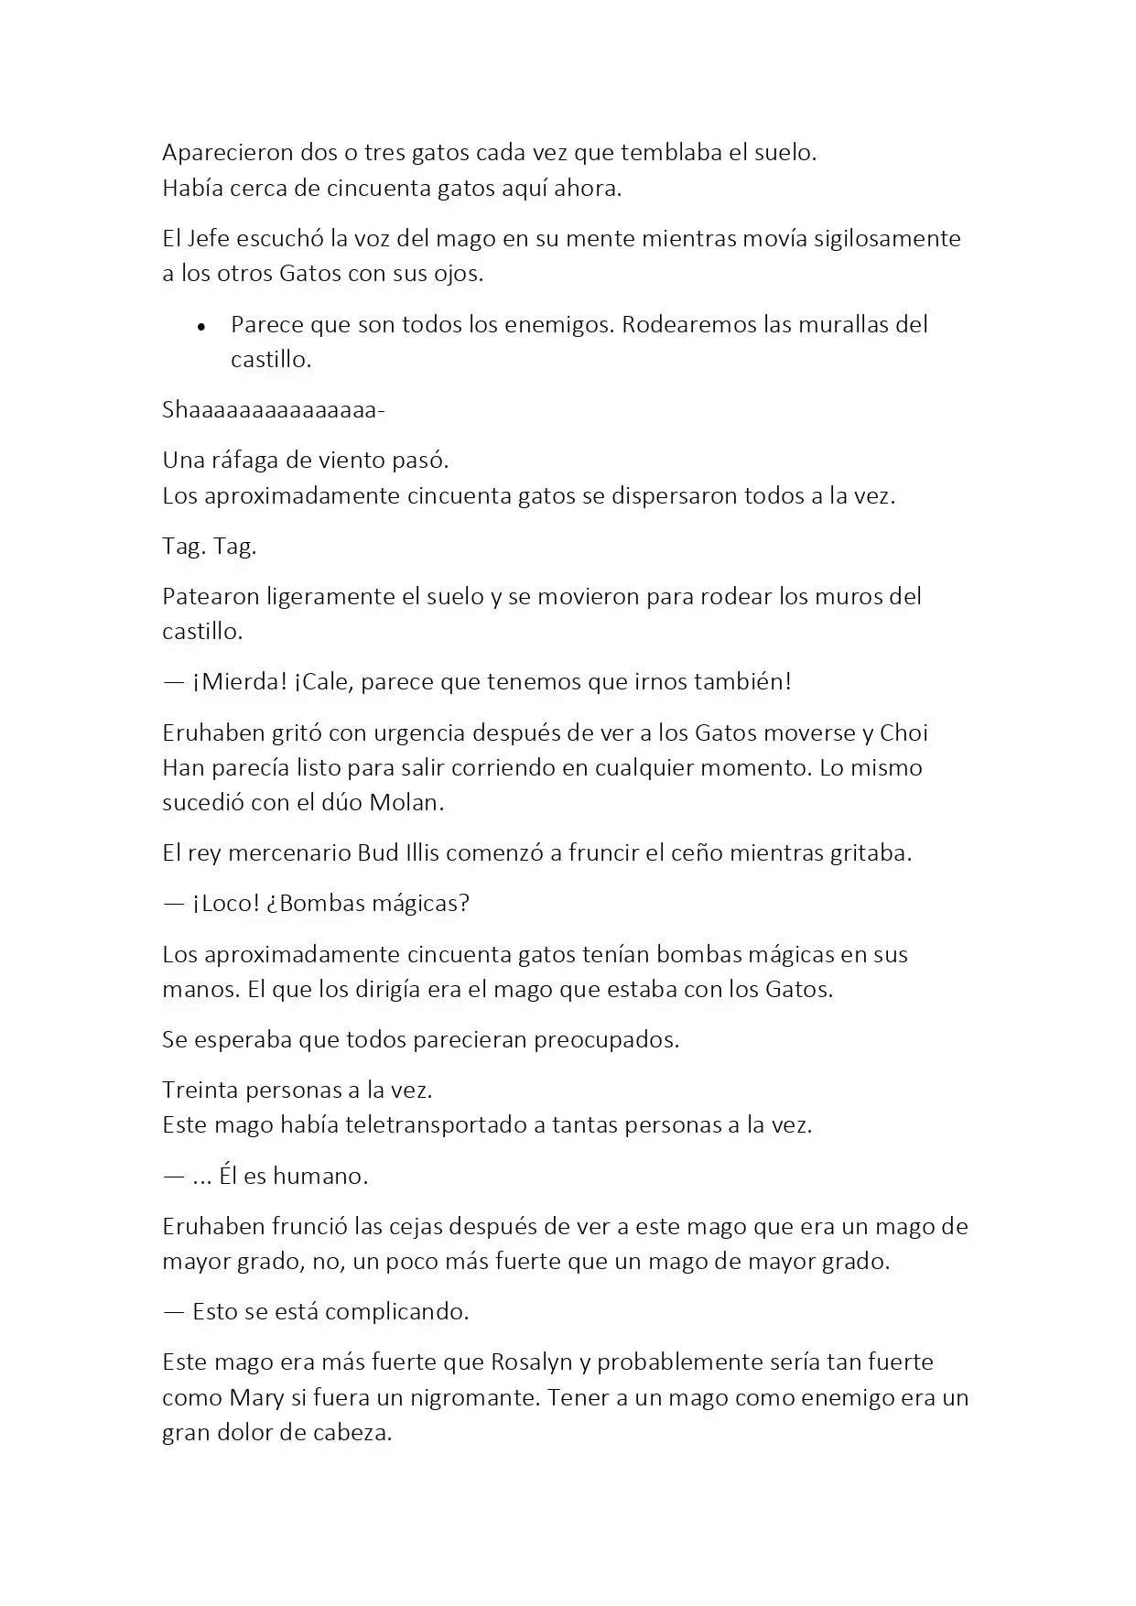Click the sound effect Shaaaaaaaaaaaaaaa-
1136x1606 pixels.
[x=274, y=410]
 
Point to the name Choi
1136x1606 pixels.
[x=903, y=733]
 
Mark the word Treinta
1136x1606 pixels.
[x=200, y=1091]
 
